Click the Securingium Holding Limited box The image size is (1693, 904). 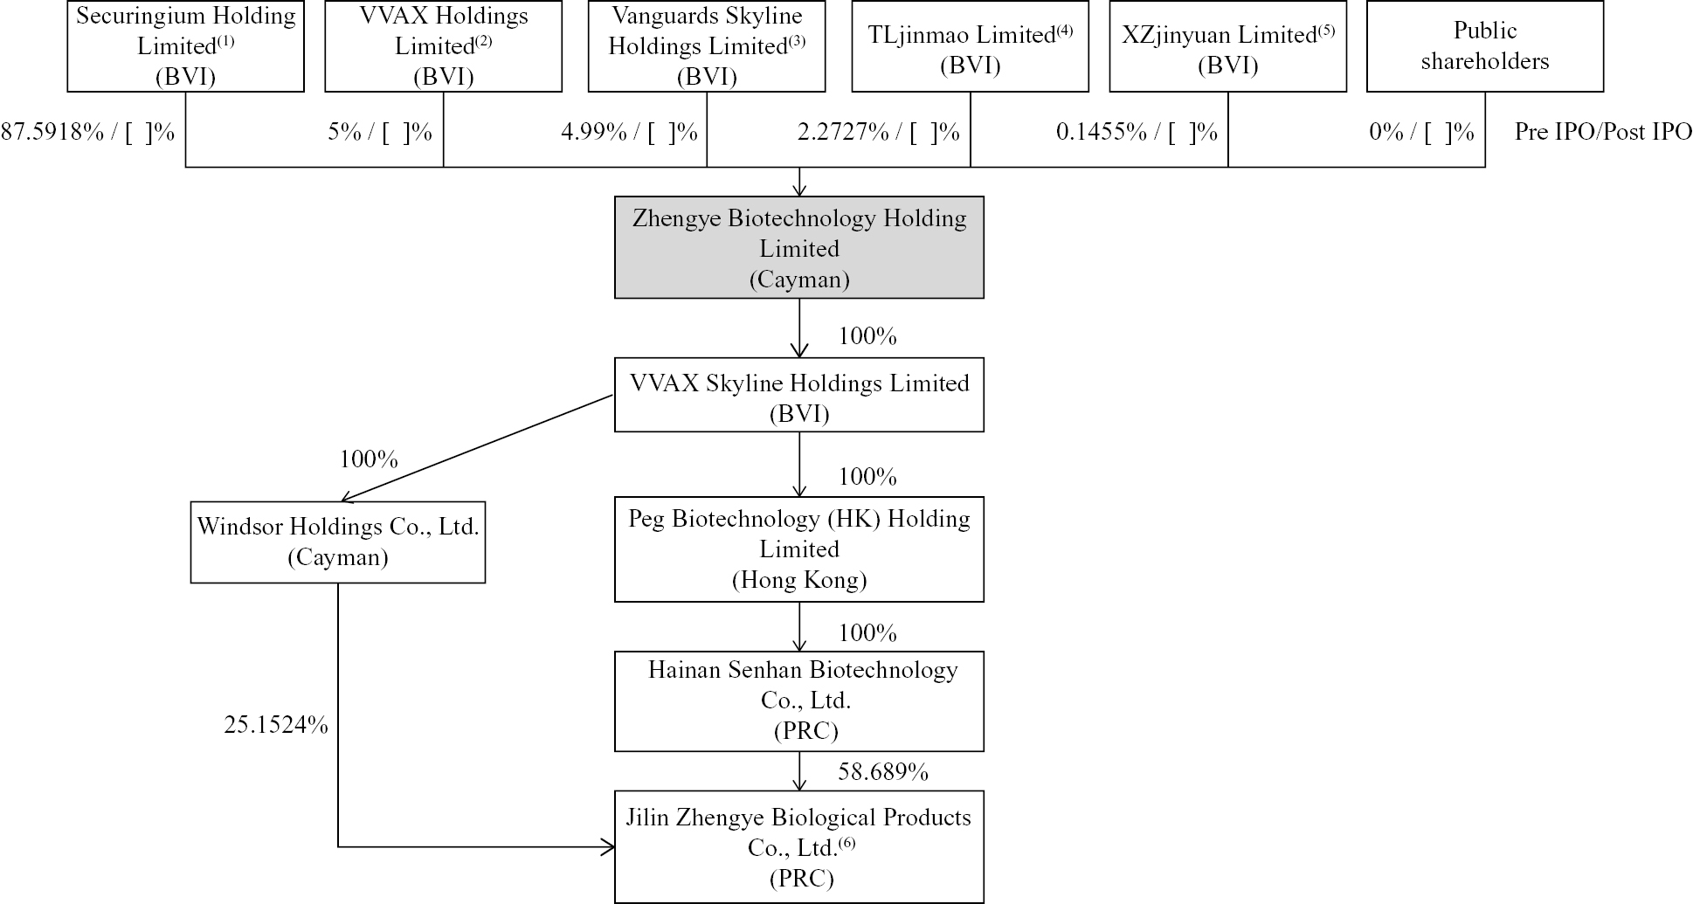pos(185,46)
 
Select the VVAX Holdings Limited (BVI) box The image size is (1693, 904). pos(443,46)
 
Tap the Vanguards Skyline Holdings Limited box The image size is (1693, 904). pos(707,46)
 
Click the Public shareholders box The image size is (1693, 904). pos(1484,46)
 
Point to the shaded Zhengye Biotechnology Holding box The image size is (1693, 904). pos(798,248)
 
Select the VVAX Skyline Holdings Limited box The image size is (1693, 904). pos(798,396)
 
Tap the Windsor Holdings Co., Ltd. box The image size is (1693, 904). pos(337,542)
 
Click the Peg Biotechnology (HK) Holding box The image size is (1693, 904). pos(798,549)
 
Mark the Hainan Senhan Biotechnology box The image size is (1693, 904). pos(798,700)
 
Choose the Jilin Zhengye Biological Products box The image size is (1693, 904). pos(798,846)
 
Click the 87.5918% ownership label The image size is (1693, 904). pos(52,132)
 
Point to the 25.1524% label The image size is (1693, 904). pos(276,724)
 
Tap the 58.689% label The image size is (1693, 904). pos(882,771)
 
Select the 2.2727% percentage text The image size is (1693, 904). pos(843,132)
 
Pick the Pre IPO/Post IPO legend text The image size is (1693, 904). pos(1602,132)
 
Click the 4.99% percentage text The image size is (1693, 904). pos(594,132)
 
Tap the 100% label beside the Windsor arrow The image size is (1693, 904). pos(369,459)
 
